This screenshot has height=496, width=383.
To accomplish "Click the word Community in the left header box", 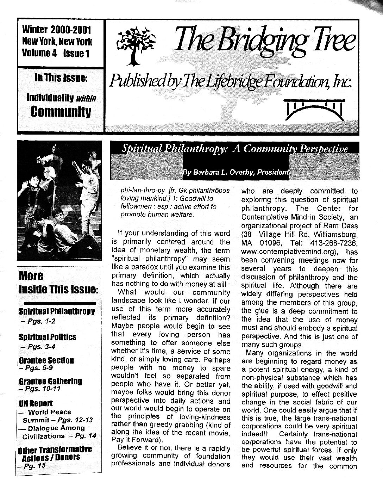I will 61,112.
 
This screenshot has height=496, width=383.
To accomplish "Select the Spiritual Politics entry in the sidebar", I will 48,337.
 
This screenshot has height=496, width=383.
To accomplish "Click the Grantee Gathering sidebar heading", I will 50,381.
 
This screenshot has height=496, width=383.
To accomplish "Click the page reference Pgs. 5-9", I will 37,368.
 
